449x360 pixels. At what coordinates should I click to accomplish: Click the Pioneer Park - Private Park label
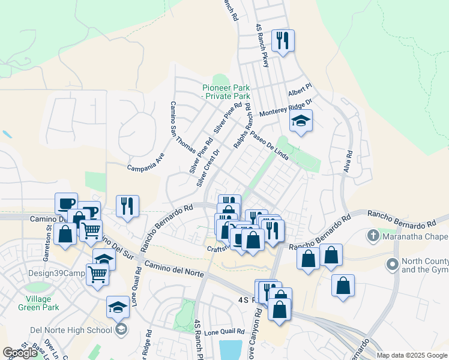[x=226, y=92]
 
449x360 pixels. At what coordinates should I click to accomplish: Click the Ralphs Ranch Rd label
[x=242, y=127]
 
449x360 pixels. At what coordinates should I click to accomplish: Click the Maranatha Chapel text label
[x=414, y=237]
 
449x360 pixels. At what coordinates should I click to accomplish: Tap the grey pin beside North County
[x=393, y=263]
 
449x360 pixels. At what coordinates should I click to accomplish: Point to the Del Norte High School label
[x=71, y=329]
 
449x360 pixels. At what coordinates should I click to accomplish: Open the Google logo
[x=19, y=353]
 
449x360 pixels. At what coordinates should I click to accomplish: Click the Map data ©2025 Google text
[x=411, y=355]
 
